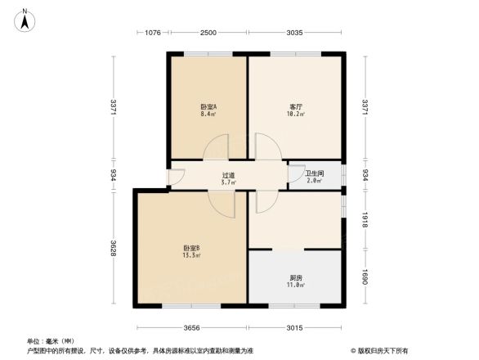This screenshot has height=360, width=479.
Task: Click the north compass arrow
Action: pos(26,19)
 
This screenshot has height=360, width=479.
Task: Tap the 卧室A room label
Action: pos(208,107)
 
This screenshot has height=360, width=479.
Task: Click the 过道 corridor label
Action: pos(229,175)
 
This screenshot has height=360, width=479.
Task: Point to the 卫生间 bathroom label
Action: pos(314,173)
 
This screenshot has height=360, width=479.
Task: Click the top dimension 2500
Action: pos(208,33)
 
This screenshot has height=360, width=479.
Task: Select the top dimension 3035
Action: pos(295,33)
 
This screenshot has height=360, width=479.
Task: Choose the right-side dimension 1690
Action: pos(365,278)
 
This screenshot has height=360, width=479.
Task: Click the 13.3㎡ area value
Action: pos(192,256)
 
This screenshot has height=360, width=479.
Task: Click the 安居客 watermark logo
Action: pos(381,349)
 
